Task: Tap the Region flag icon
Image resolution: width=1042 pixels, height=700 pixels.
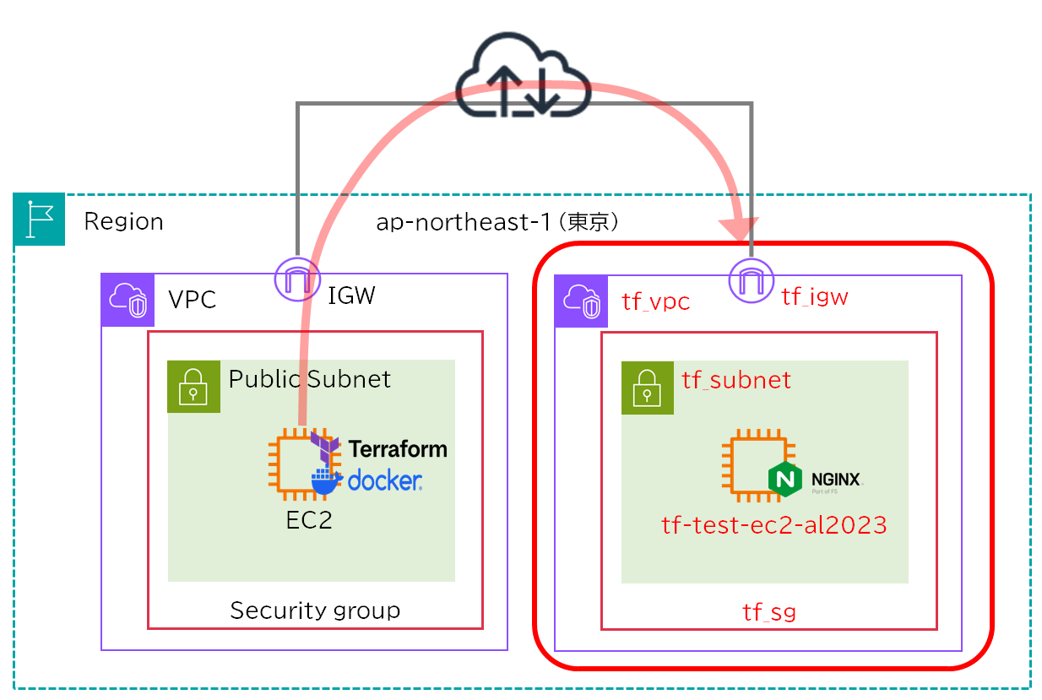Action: coord(39,220)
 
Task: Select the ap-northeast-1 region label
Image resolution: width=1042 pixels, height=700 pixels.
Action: coord(498,222)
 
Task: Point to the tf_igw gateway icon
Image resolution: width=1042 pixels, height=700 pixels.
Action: coord(751,279)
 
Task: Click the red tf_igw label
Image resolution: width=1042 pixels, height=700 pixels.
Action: coord(814,296)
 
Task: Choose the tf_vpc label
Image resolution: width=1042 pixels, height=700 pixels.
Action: coord(655,301)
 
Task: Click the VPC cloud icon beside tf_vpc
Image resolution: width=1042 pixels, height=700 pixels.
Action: coord(581,300)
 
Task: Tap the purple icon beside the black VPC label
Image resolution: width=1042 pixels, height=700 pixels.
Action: coord(128,299)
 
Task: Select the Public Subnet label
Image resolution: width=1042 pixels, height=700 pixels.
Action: coord(310,378)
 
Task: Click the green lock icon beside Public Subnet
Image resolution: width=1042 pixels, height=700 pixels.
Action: coord(193,386)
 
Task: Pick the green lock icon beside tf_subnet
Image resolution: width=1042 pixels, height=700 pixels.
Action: coord(647,388)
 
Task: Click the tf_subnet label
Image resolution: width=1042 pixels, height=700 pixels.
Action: coord(736,380)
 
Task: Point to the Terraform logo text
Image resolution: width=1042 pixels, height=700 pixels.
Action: coord(397,448)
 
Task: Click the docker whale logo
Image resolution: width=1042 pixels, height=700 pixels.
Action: coord(326,480)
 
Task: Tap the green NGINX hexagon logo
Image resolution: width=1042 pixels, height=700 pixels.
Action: coord(784,480)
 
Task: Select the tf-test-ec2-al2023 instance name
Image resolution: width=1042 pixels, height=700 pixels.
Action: coord(773,525)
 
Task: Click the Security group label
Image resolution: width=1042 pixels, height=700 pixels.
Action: coord(315,610)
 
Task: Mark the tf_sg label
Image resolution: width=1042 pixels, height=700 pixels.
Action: coord(768,611)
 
